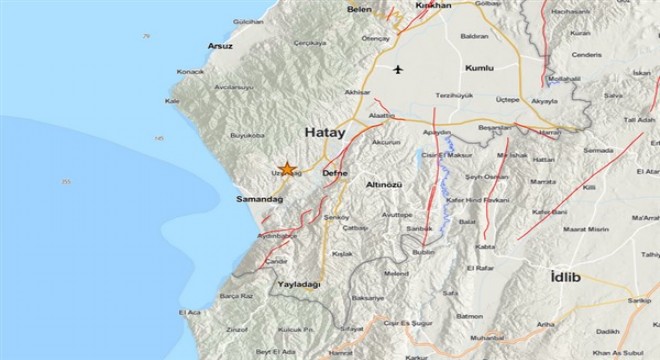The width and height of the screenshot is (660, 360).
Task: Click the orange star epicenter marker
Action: click(287, 169)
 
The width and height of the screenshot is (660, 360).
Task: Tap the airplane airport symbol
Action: click(401, 70)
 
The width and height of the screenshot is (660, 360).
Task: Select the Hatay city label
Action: click(325, 132)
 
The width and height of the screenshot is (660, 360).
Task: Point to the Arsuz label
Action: click(219, 46)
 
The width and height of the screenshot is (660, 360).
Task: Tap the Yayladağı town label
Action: click(299, 284)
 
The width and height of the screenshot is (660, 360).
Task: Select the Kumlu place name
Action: click(481, 67)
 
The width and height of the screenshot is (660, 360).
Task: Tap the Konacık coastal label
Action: click(190, 72)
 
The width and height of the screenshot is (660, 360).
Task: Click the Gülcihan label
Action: click(220, 20)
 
